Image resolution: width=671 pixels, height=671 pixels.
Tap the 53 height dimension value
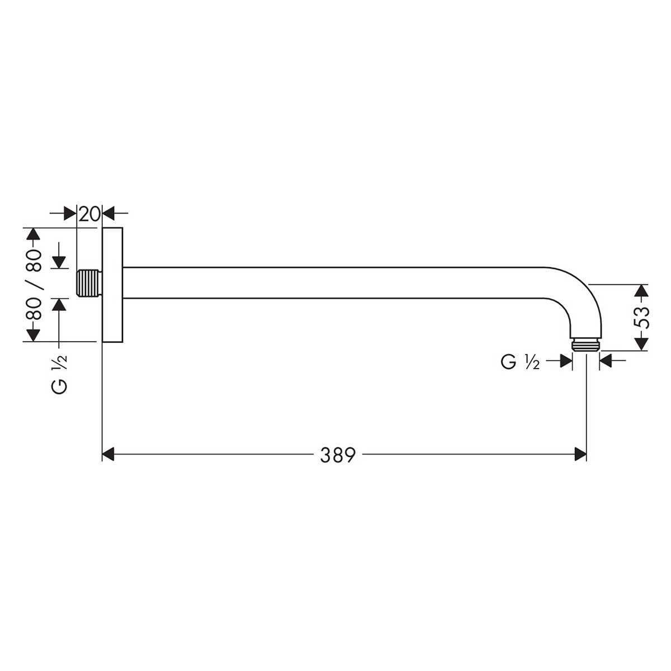tap(644, 318)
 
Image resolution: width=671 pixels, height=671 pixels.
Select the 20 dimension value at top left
tap(89, 214)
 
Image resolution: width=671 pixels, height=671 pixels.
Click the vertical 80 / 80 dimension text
tap(34, 284)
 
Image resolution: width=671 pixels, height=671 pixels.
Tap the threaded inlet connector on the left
tap(88, 283)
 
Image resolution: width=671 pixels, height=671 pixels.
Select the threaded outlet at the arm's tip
tap(585, 344)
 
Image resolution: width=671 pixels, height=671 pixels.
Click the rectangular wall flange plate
tap(112, 285)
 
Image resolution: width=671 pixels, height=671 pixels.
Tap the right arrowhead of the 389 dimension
tap(580, 455)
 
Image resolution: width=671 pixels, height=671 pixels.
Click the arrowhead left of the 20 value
tap(70, 214)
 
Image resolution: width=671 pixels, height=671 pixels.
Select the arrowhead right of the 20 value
tap(108, 214)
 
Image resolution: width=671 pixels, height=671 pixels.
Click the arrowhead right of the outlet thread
tap(605, 362)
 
